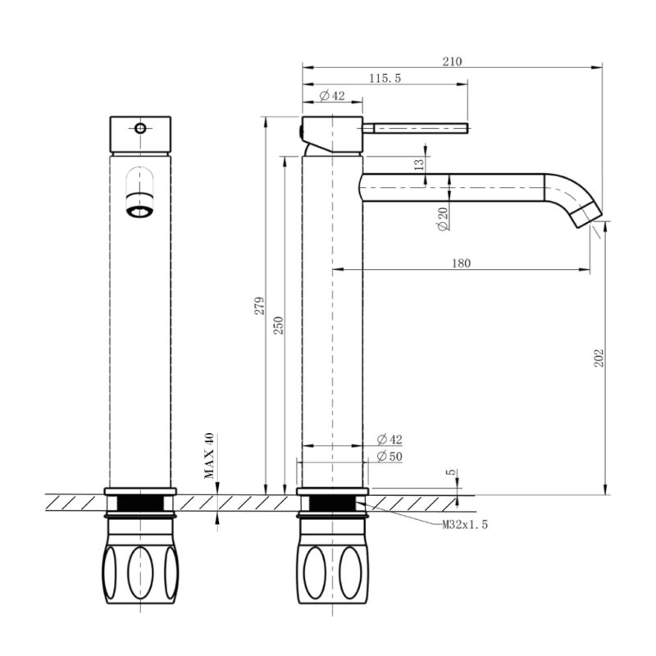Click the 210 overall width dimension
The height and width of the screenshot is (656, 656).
point(453,61)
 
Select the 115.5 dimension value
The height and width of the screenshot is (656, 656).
point(385,78)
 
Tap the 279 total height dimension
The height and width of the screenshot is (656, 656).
point(260,305)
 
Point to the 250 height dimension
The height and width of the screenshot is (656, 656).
point(278,326)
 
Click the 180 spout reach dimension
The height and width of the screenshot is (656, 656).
point(461,263)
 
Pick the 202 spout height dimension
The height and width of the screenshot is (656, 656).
point(599,358)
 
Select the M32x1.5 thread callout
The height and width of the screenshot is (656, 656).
point(465,524)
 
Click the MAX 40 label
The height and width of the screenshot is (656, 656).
point(209,456)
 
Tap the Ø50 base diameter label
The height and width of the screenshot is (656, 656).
point(389,456)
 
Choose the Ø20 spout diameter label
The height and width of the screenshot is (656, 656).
point(442,219)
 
